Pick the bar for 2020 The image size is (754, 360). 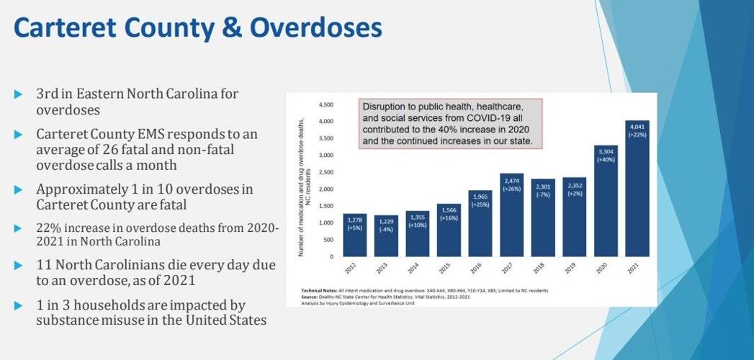click(x=606, y=202)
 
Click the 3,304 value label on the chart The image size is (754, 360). click(x=606, y=151)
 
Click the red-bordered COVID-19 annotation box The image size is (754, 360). click(x=450, y=124)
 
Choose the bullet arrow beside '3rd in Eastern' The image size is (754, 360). click(x=19, y=94)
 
